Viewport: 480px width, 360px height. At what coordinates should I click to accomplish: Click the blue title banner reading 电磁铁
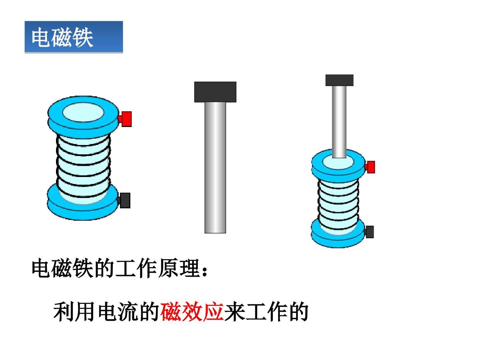coord(74,37)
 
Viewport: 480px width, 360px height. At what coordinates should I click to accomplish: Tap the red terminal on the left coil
coord(125,119)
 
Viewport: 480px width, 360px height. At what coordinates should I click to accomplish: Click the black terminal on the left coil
coord(124,200)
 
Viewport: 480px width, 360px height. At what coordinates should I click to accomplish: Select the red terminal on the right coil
coord(370,167)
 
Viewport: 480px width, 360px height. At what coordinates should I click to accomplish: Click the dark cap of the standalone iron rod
coord(215,92)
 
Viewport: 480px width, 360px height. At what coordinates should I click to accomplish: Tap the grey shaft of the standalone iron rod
coord(215,168)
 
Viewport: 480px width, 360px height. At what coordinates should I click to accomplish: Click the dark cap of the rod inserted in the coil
coord(339,80)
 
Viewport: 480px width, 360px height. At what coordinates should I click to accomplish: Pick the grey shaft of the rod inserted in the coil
coord(339,122)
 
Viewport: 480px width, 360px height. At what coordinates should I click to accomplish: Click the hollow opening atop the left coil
coord(83,112)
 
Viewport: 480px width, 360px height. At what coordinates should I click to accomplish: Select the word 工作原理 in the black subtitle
coord(157,268)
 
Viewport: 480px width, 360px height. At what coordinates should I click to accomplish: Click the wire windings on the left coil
coord(83,166)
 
